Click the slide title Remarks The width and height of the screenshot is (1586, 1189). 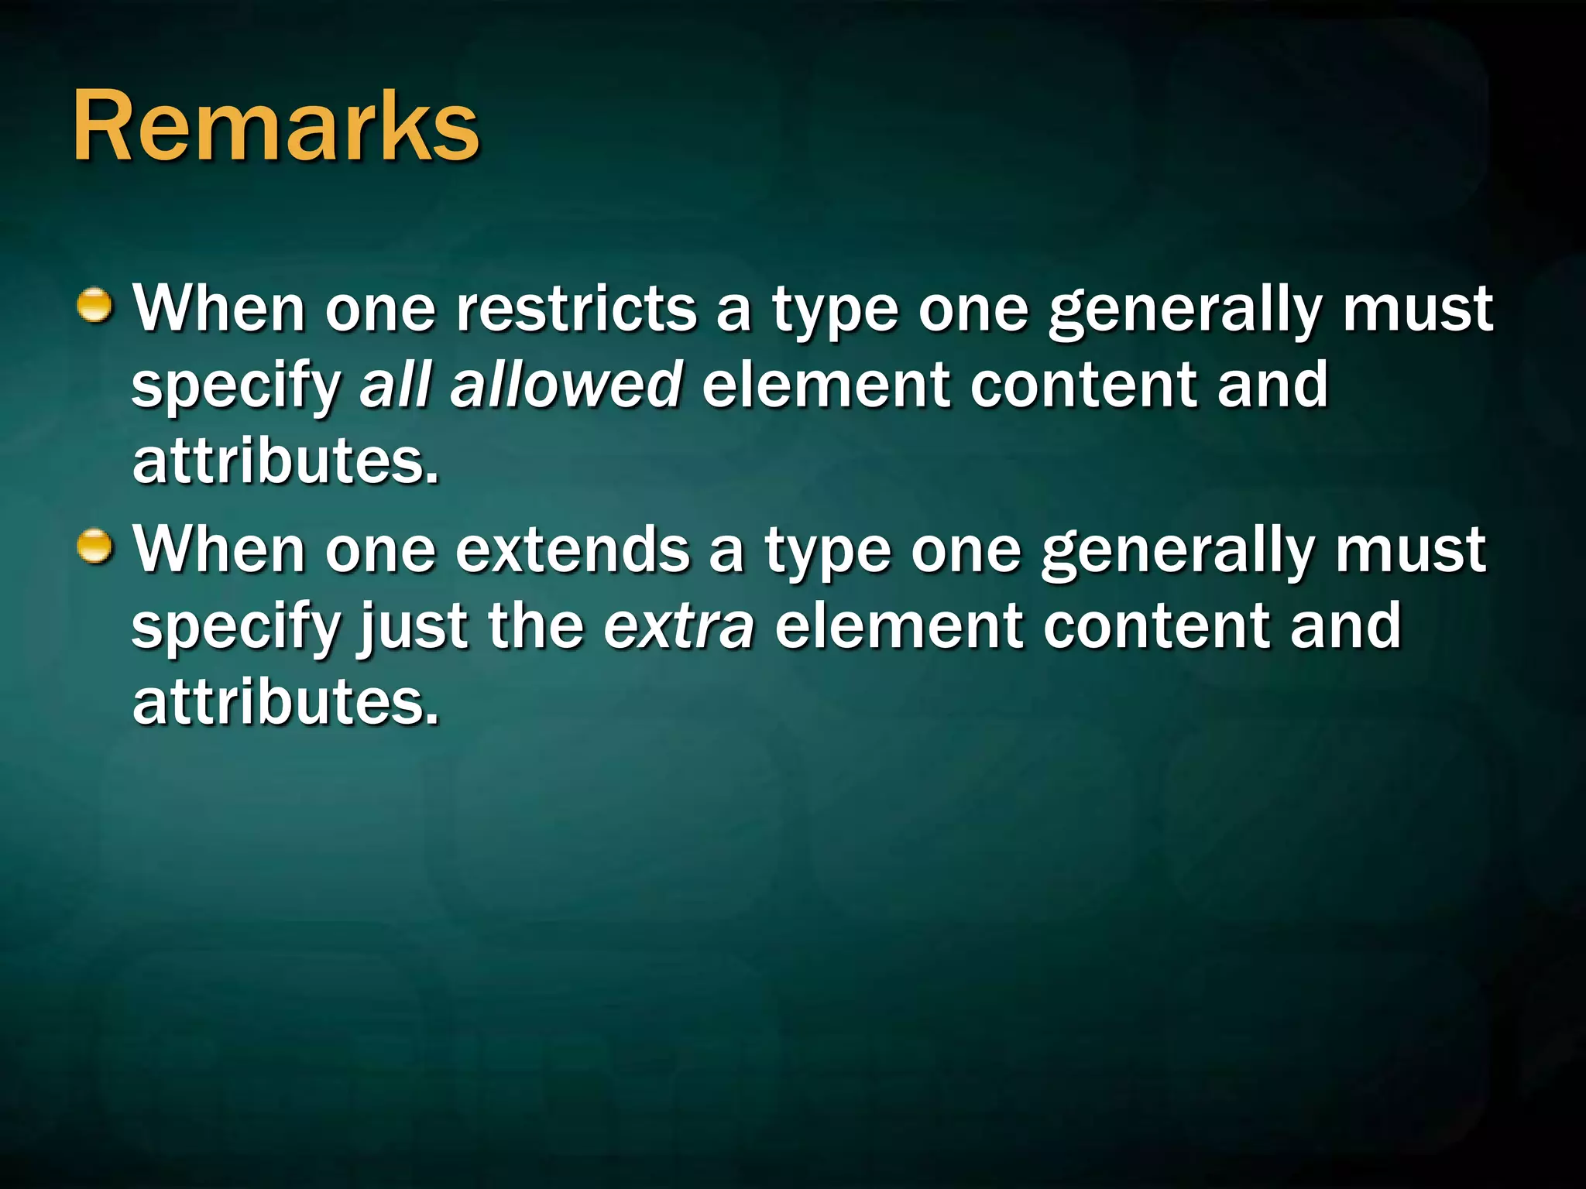coord(276,126)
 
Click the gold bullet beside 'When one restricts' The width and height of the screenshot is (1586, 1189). coord(96,305)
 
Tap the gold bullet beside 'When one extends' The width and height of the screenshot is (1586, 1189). coord(96,547)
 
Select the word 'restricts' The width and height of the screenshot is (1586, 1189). coord(576,309)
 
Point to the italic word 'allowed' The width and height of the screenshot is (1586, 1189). coord(566,385)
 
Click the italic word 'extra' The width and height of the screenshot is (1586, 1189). coord(678,626)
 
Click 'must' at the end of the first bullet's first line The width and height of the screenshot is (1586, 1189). coord(1417,309)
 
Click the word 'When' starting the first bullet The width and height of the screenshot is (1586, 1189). coord(219,309)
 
